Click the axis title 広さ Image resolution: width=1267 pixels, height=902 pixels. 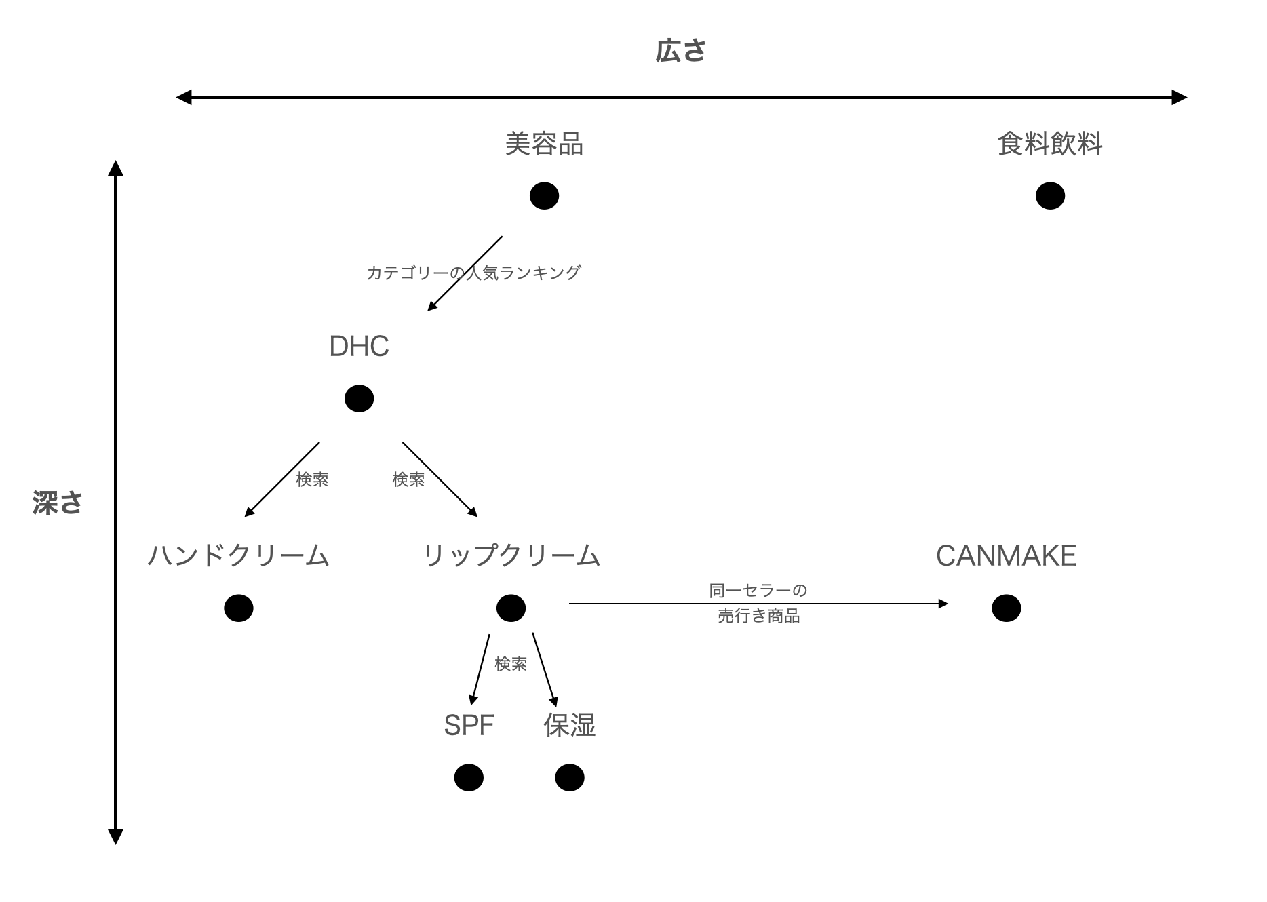(x=680, y=52)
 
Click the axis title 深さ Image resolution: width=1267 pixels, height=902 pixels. (x=58, y=503)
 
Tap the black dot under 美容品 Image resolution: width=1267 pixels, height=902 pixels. (x=544, y=196)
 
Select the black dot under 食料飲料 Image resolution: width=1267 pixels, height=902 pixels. (x=1050, y=196)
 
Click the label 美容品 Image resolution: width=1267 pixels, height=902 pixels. (x=544, y=144)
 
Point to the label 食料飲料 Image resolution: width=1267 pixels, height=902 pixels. (x=1050, y=144)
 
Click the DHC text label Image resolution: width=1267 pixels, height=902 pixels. (x=359, y=347)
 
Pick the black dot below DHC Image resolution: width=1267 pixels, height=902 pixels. (x=359, y=398)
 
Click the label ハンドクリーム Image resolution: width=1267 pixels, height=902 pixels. (x=238, y=555)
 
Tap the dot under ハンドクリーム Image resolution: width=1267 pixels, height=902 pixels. (x=238, y=608)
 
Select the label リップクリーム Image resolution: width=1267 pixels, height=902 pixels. (x=511, y=555)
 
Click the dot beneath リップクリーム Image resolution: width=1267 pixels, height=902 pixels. (x=511, y=608)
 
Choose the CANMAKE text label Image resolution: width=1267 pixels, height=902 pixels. (x=1006, y=556)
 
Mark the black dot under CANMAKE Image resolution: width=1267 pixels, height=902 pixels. (x=1006, y=608)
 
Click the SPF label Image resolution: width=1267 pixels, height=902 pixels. (x=469, y=726)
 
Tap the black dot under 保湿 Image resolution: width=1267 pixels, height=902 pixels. (x=569, y=778)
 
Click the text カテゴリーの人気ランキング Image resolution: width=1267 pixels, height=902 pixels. (x=473, y=273)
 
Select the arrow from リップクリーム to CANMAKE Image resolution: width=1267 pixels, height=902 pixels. (x=758, y=603)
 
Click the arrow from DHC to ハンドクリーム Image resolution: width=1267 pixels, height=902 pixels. (x=282, y=479)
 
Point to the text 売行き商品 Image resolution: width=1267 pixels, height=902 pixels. (x=758, y=616)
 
